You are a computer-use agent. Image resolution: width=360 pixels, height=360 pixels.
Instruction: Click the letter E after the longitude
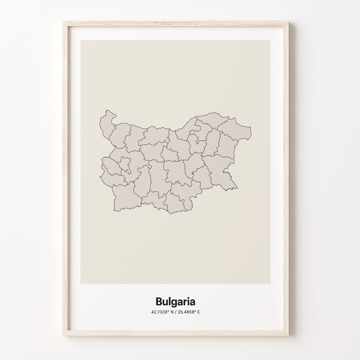(198, 312)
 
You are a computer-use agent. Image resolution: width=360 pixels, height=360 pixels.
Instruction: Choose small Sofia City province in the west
(125, 163)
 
